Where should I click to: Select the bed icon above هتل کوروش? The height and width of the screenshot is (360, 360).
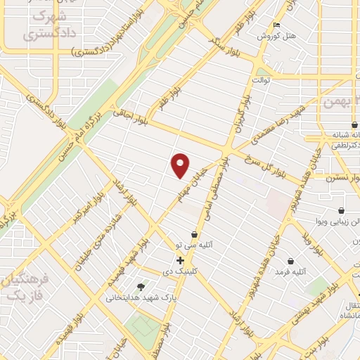(x=277, y=25)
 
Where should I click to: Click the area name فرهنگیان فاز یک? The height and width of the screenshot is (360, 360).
(x=25, y=288)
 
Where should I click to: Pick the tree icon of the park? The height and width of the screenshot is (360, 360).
(x=141, y=287)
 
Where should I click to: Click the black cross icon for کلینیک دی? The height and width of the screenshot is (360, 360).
(x=181, y=261)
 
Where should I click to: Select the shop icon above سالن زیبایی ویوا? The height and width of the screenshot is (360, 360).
(x=341, y=210)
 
